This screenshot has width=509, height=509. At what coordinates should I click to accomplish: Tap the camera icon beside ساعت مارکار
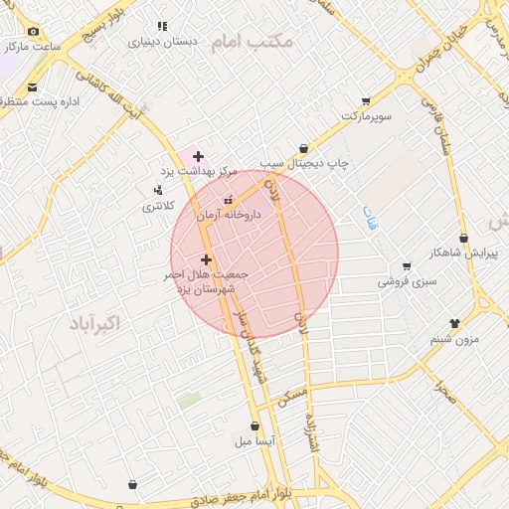coord(33,32)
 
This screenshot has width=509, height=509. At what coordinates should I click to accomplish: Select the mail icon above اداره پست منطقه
coord(33,87)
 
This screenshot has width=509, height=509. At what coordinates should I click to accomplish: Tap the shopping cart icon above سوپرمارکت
coord(365,101)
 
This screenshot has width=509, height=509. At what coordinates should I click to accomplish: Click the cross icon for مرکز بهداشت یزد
coord(199,156)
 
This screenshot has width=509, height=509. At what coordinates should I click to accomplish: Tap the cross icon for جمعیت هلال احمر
coord(206,259)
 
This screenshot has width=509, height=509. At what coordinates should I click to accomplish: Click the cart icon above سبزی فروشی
coord(406,265)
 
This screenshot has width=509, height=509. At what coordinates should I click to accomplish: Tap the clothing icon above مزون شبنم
coord(454,323)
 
